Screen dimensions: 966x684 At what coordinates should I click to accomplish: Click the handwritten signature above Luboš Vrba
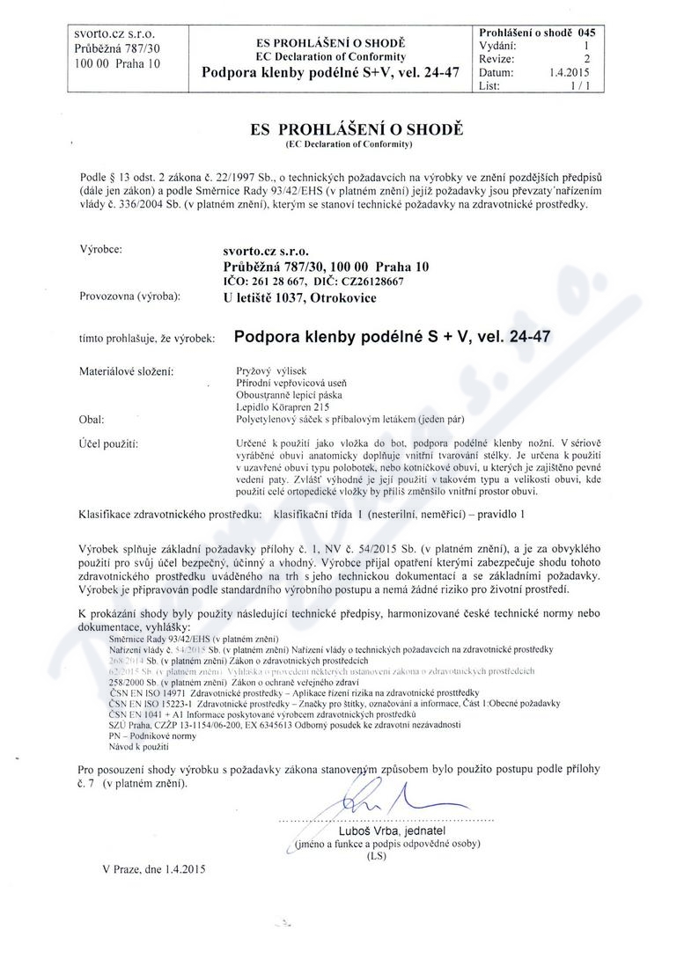click(370, 796)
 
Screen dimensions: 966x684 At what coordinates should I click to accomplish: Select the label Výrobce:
click(101, 248)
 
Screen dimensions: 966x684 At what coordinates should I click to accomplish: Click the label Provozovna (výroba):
click(129, 296)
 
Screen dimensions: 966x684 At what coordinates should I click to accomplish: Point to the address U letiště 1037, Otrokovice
click(300, 297)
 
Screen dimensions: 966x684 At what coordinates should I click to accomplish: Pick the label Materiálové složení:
click(126, 371)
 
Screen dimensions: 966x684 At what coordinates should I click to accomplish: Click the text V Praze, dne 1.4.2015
click(153, 869)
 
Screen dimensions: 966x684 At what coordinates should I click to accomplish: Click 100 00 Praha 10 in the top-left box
click(119, 64)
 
